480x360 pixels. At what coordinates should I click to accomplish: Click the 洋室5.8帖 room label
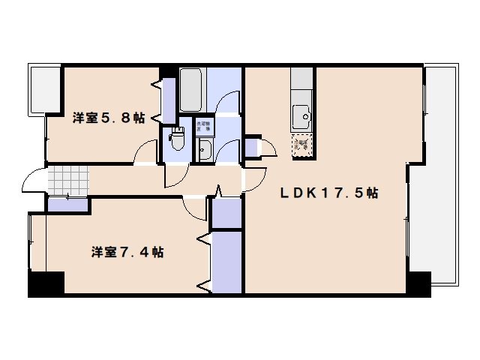point(108,118)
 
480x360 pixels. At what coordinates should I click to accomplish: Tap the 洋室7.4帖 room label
point(127,252)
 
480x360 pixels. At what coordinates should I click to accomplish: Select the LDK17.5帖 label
point(329,193)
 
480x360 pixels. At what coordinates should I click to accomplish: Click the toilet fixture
point(178,140)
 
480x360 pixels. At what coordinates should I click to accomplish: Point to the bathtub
point(192,90)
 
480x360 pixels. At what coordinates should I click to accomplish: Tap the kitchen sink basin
point(302,116)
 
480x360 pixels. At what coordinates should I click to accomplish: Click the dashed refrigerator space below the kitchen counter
point(302,145)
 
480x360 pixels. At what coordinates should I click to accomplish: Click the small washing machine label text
point(203,127)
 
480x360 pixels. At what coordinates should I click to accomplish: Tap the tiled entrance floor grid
point(67,181)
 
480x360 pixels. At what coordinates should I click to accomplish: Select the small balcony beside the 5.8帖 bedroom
point(45,89)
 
